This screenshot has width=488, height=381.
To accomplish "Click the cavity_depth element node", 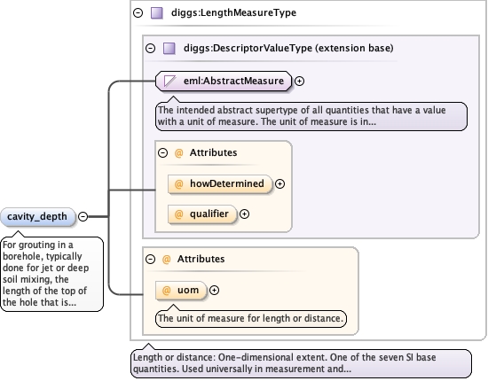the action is click(37, 216).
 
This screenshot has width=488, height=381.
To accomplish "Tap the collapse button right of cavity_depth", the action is click(83, 216).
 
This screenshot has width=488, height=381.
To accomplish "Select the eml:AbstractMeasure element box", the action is click(224, 81).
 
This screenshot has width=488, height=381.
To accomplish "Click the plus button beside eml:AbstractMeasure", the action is click(299, 81).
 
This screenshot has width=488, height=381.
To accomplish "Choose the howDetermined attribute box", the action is click(220, 183).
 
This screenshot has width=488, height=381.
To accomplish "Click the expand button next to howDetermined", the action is click(279, 183).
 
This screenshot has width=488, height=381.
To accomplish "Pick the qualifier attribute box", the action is click(202, 214).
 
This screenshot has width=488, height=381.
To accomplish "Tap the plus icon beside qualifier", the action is click(244, 214).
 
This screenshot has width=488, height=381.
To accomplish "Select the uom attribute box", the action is click(181, 290).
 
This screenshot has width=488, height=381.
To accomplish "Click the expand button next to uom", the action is click(214, 290).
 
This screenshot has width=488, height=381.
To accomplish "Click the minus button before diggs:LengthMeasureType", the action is click(138, 12).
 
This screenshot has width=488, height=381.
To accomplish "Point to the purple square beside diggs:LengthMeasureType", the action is click(156, 13).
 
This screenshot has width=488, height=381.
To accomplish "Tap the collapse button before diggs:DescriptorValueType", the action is click(150, 48).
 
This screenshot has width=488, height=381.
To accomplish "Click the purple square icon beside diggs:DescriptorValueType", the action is click(169, 48).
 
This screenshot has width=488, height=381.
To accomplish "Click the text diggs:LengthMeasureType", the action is click(233, 12).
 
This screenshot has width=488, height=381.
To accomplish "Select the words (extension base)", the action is click(354, 48).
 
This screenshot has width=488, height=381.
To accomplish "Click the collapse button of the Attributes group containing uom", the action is click(150, 259).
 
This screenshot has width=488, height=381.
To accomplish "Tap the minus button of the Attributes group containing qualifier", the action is click(162, 152).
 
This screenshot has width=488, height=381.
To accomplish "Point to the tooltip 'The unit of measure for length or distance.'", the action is click(251, 318).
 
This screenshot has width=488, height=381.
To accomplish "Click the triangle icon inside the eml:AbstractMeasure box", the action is click(169, 81).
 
